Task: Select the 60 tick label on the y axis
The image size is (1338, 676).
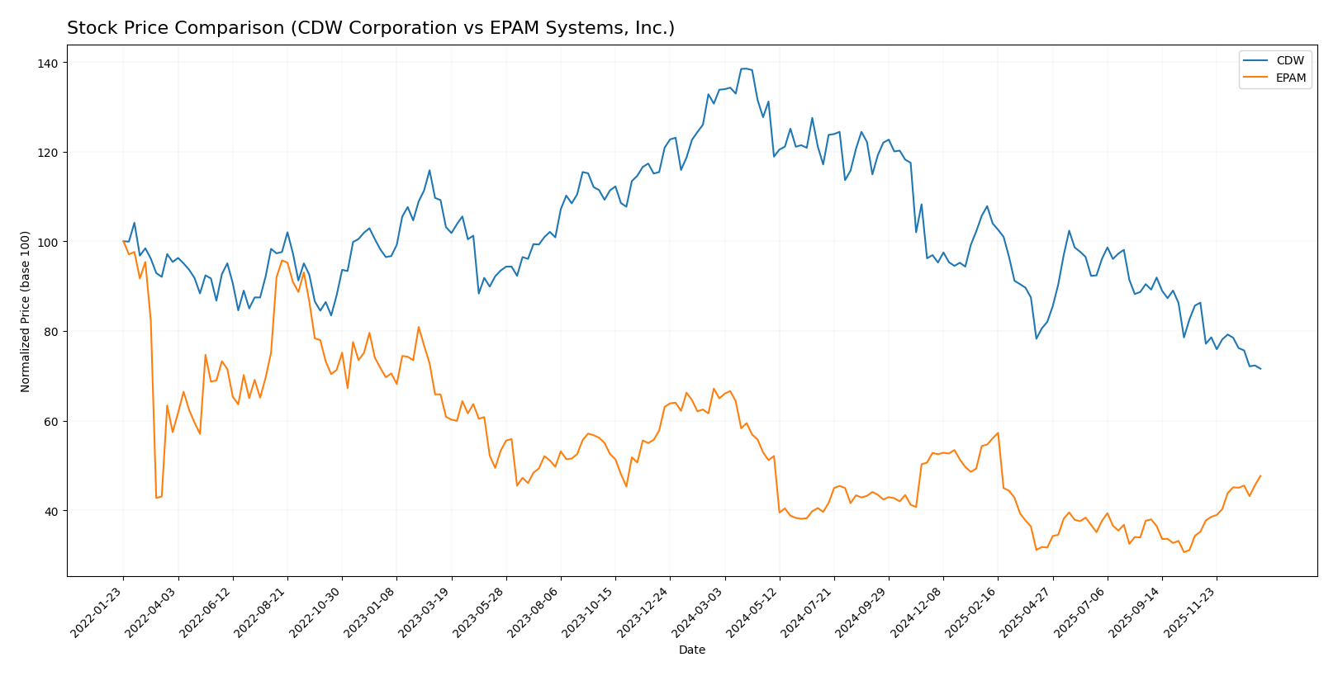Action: [51, 422]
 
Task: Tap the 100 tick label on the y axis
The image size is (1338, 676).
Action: [48, 243]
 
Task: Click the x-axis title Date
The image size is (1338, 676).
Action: [692, 650]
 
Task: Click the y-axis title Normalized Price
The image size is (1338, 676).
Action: [26, 311]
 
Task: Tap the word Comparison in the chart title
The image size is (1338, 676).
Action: [205, 29]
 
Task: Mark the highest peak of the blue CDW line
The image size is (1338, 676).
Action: [743, 69]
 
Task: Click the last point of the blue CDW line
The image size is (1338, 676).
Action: [1260, 369]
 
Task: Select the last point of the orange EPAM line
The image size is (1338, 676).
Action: [1260, 475]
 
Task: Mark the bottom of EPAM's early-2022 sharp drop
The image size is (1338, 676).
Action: [156, 498]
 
